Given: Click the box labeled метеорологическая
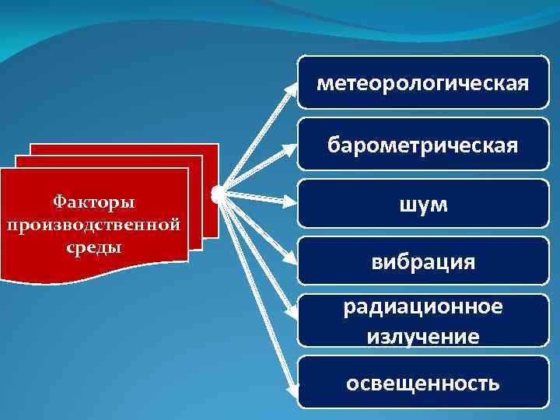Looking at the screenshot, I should tap(423, 81).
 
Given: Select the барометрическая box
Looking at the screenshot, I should tap(423, 145).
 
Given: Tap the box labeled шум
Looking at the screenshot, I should tap(423, 204).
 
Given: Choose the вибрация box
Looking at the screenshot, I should tap(423, 262).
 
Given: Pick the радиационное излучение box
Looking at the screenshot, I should tap(423, 320).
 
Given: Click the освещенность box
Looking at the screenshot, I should tap(423, 383).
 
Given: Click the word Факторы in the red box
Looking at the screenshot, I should tap(93, 202).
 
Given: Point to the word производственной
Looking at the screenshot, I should tap(93, 225).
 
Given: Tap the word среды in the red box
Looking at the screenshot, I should tap(93, 247).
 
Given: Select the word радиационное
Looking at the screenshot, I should tap(423, 306).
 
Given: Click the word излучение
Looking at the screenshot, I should tap(423, 336).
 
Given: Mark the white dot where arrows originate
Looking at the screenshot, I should tap(217, 191).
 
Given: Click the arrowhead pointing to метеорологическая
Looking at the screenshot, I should tap(292, 87).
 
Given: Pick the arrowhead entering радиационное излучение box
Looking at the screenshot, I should tap(292, 315).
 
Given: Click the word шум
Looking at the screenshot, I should tap(423, 204).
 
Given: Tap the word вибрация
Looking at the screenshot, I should tap(423, 262).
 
